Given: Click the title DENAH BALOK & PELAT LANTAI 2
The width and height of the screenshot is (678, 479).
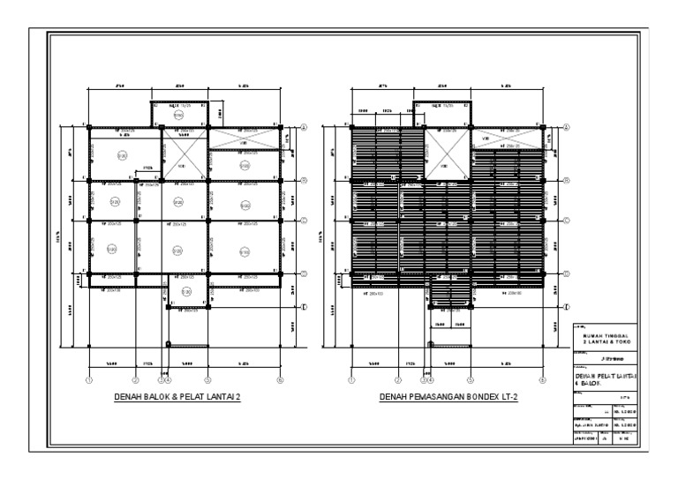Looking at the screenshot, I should point(177,397).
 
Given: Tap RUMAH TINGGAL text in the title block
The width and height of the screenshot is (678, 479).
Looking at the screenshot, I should point(606,335).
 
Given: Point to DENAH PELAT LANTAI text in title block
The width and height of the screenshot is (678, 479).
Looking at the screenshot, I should point(606,376).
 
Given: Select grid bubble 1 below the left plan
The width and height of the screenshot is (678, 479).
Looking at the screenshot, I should point(89,380).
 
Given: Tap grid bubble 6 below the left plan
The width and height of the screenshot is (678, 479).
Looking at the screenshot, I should point(280,380).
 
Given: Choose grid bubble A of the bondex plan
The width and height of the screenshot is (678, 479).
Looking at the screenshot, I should point(566,126).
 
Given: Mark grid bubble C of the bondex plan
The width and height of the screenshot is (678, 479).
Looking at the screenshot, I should point(566,220).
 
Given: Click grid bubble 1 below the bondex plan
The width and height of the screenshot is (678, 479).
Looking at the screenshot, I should point(351,380).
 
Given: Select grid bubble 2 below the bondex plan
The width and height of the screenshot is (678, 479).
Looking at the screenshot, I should point(398,380).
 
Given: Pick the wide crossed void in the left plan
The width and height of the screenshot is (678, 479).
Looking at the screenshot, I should point(244,138).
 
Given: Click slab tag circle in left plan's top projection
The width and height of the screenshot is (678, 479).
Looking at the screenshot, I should point(177,115).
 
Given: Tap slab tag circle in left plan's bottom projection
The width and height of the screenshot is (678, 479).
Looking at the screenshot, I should point(186,291).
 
